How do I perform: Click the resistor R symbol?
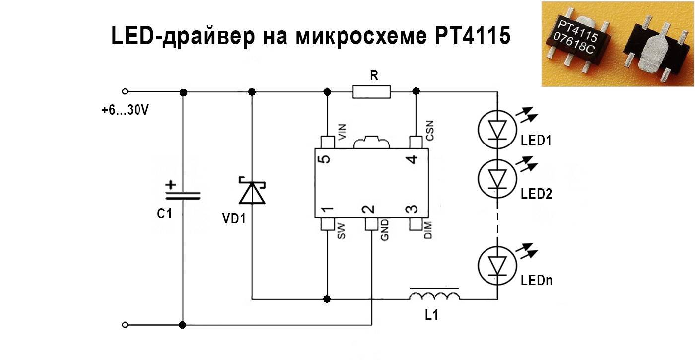pos(372,91)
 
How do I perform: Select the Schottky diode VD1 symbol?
pos(252,192)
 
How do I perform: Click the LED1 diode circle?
pos(496,129)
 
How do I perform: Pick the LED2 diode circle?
pos(496,177)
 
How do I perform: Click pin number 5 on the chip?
pos(325,159)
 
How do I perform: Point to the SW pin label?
pos(341,231)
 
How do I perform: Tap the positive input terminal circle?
pos(125,91)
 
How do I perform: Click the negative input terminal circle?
pos(125,325)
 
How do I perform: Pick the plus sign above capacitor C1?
pos(170,185)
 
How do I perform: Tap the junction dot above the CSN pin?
pos(416,91)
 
